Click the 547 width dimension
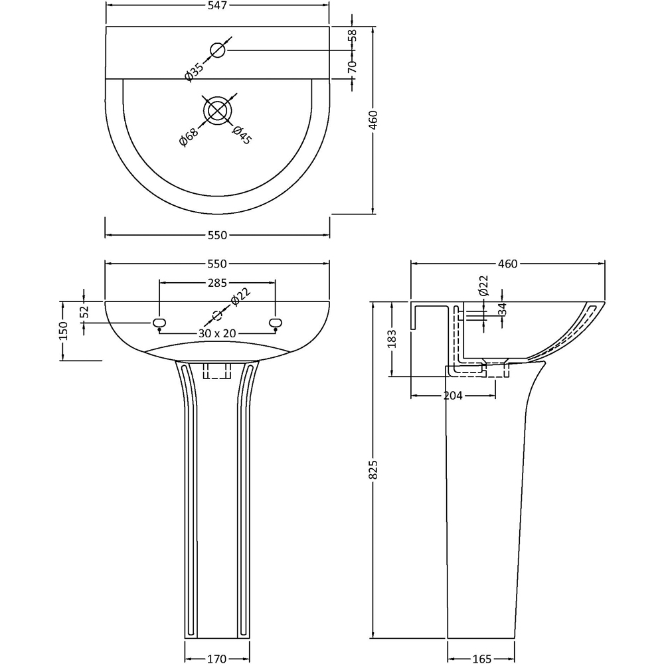tap(218, 6)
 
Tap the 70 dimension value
tap(353, 65)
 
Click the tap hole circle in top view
tap(218, 49)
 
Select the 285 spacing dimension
tap(217, 283)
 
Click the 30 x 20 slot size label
tap(217, 333)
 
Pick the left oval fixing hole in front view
tap(159, 323)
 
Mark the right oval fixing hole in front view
tap(276, 323)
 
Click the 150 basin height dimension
tap(63, 331)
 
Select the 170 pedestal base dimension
tap(216, 659)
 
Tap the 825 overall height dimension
tap(373, 470)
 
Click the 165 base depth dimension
tap(481, 659)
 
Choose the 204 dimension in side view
tap(454, 395)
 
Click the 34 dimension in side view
tap(503, 309)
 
